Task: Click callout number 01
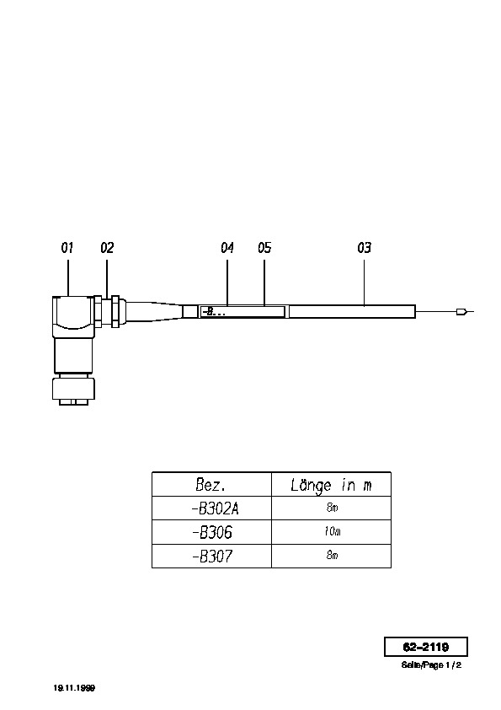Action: point(67,248)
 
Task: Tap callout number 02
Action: point(107,248)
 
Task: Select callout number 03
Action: point(364,248)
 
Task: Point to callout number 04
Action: point(227,248)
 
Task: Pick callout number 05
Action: point(264,248)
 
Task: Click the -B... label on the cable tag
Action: point(213,312)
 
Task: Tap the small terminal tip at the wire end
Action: point(462,311)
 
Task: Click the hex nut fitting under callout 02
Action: point(107,311)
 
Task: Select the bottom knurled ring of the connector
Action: point(73,389)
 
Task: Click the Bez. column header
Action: point(211,485)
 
